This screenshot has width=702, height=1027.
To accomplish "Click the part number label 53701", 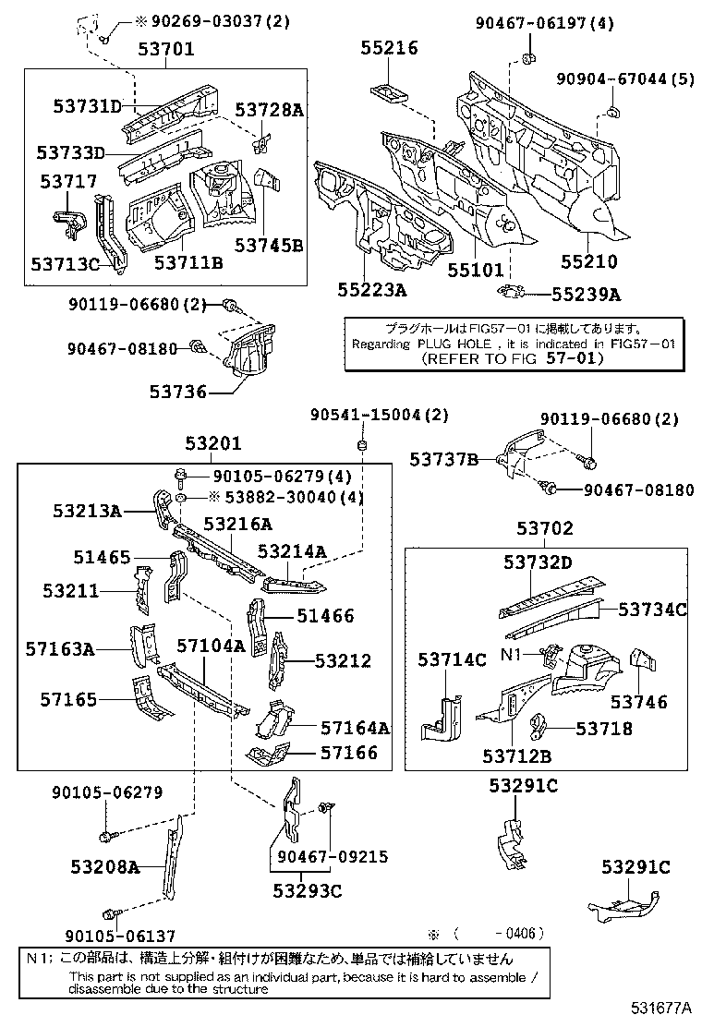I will point(166,50).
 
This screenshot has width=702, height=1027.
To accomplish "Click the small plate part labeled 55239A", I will point(510,294).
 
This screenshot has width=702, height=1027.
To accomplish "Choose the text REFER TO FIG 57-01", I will point(509,357).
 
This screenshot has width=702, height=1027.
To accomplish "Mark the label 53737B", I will point(444,459).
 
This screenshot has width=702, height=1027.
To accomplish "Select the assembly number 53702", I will point(544,529).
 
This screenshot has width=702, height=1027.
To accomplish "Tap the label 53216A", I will point(237,524).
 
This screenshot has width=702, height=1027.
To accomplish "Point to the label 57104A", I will point(211,646).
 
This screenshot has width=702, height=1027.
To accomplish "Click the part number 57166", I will point(349,753).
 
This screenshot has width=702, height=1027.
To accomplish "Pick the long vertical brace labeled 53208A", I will point(173,864).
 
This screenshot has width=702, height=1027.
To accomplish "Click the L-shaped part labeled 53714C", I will point(445,717).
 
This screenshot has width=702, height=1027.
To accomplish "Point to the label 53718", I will point(604,729).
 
